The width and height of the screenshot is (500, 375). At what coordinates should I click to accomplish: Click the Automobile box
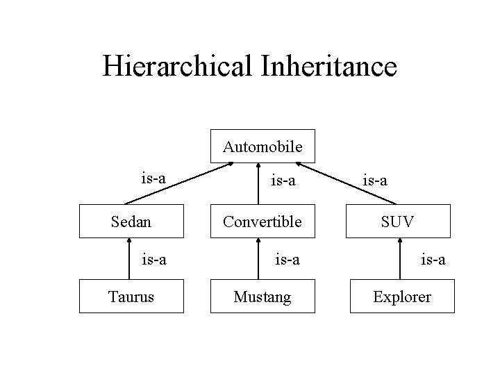click(262, 147)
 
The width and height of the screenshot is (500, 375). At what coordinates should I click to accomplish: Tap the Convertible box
click(262, 222)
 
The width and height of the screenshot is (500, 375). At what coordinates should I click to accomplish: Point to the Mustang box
click(262, 297)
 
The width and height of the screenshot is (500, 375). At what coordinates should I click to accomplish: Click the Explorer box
click(401, 297)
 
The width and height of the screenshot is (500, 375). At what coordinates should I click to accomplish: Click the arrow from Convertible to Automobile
click(258, 184)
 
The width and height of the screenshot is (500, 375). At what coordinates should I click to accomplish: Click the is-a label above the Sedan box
click(153, 178)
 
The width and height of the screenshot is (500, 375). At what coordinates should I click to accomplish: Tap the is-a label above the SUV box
click(375, 181)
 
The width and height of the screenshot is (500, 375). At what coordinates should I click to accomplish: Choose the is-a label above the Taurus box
click(153, 260)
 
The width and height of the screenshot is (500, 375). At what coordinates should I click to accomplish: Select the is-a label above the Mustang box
click(286, 260)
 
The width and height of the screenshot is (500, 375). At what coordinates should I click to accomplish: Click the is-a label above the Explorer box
click(433, 260)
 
